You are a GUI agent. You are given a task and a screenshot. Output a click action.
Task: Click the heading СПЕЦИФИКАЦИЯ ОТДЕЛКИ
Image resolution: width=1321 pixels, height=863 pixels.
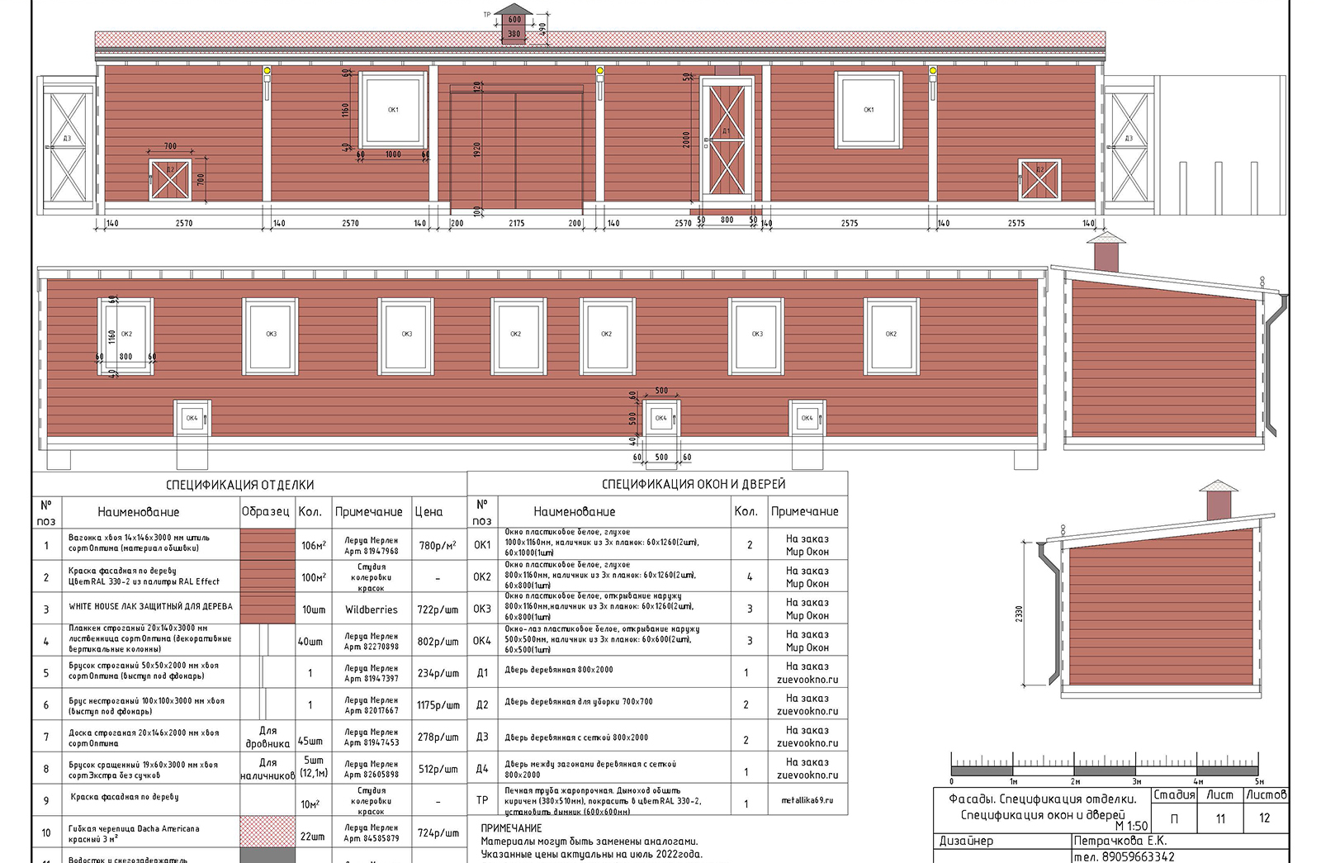239,485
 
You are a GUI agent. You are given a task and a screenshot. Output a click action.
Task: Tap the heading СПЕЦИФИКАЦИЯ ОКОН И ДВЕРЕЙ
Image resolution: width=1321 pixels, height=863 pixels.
693,484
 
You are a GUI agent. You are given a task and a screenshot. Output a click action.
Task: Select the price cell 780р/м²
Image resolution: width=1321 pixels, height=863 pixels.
438,545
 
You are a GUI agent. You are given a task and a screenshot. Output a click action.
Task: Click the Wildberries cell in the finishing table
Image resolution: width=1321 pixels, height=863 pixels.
371,609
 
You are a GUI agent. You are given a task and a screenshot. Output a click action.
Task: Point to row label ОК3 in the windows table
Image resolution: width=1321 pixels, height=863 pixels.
482,609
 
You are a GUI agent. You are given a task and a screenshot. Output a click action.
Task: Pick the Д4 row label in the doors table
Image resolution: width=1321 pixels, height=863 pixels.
482,769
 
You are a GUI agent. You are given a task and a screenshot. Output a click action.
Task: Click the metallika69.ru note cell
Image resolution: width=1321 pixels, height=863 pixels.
807,800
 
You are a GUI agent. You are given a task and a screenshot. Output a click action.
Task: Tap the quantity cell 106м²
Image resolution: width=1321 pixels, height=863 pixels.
313,545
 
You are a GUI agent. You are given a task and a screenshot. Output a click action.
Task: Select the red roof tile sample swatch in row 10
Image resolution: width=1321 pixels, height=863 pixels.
268,830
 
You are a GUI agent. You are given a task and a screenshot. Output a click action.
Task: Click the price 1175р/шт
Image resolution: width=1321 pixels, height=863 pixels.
438,705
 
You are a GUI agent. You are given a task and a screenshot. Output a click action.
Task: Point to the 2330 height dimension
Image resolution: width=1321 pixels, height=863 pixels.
1019,614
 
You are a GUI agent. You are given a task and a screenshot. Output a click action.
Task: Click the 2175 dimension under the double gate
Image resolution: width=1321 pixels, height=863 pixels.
516,223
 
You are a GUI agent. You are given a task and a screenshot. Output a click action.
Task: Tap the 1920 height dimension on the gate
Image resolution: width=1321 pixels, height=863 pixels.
476,149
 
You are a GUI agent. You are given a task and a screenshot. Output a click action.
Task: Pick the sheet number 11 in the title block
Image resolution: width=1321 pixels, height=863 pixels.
1220,818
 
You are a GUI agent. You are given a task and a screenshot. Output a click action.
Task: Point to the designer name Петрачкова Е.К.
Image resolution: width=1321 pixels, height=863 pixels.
1120,841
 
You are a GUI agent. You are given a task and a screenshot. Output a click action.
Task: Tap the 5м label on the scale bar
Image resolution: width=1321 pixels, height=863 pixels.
1259,781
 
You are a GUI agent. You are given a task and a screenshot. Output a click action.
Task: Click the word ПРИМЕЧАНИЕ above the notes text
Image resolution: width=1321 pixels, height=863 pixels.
511,827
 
